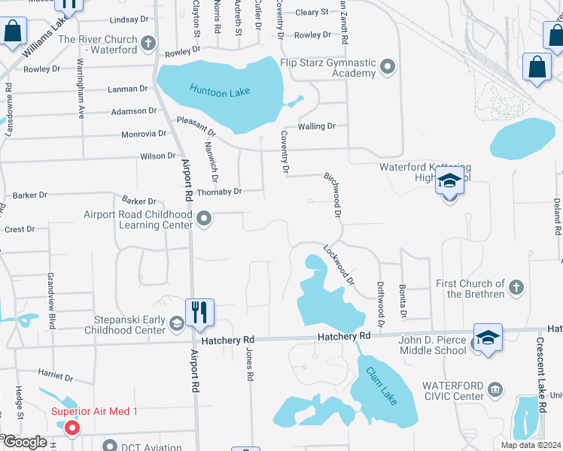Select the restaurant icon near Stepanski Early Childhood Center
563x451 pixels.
coord(199,312)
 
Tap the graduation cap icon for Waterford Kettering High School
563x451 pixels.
coord(449,183)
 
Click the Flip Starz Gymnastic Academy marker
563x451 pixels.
coord(388,67)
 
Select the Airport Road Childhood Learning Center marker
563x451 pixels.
coord(204,219)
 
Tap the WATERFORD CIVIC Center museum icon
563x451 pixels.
coord(495,389)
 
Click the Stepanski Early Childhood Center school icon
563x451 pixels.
coord(176,324)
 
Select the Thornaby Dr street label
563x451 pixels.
coord(219,192)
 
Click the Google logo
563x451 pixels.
coord(25,442)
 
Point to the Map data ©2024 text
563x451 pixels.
coord(530,445)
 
